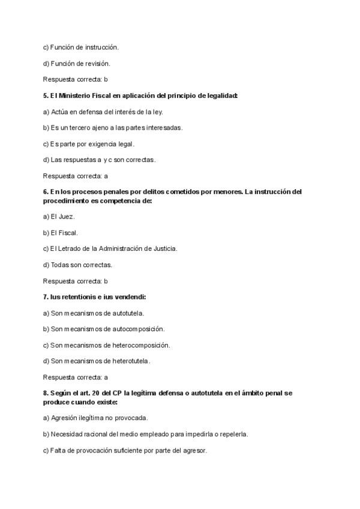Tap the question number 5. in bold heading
(46, 95)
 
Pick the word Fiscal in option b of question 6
(68, 232)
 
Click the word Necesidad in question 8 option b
(68, 434)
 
